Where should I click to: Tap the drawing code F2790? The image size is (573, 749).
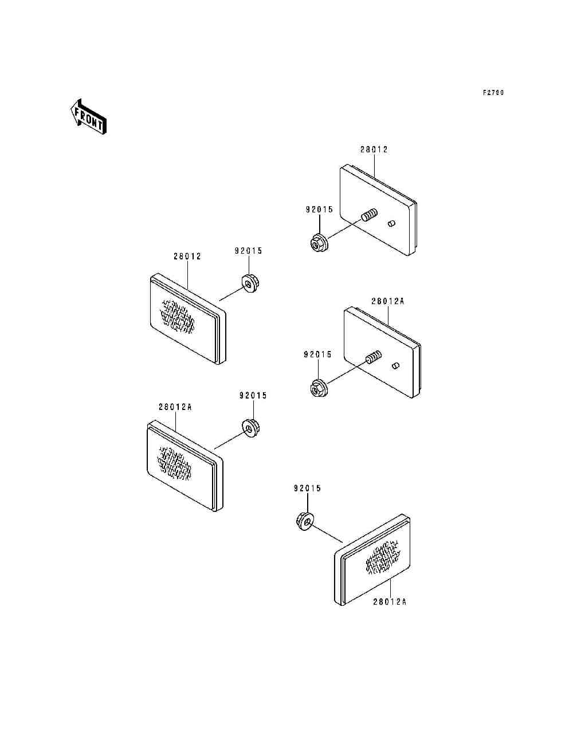(492, 93)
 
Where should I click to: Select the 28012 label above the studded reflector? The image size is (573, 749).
(374, 149)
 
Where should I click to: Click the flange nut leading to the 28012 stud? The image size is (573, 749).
(318, 243)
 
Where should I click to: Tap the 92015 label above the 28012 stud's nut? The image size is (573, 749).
(319, 210)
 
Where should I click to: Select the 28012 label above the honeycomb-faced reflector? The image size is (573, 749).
(187, 257)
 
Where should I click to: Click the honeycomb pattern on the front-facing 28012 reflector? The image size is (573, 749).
(178, 316)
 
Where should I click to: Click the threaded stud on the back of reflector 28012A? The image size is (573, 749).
(373, 358)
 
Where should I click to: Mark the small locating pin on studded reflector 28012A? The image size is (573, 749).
(395, 365)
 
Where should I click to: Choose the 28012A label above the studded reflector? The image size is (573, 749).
(387, 301)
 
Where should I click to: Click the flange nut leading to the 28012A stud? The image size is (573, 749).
(317, 388)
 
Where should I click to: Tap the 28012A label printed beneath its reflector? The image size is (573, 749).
(390, 602)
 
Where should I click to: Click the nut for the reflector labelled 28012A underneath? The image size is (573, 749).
(304, 521)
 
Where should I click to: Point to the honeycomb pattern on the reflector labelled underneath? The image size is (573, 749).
(383, 558)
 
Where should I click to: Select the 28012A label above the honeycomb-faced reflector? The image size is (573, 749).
(175, 407)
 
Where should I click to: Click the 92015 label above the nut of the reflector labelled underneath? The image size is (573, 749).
(307, 488)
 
